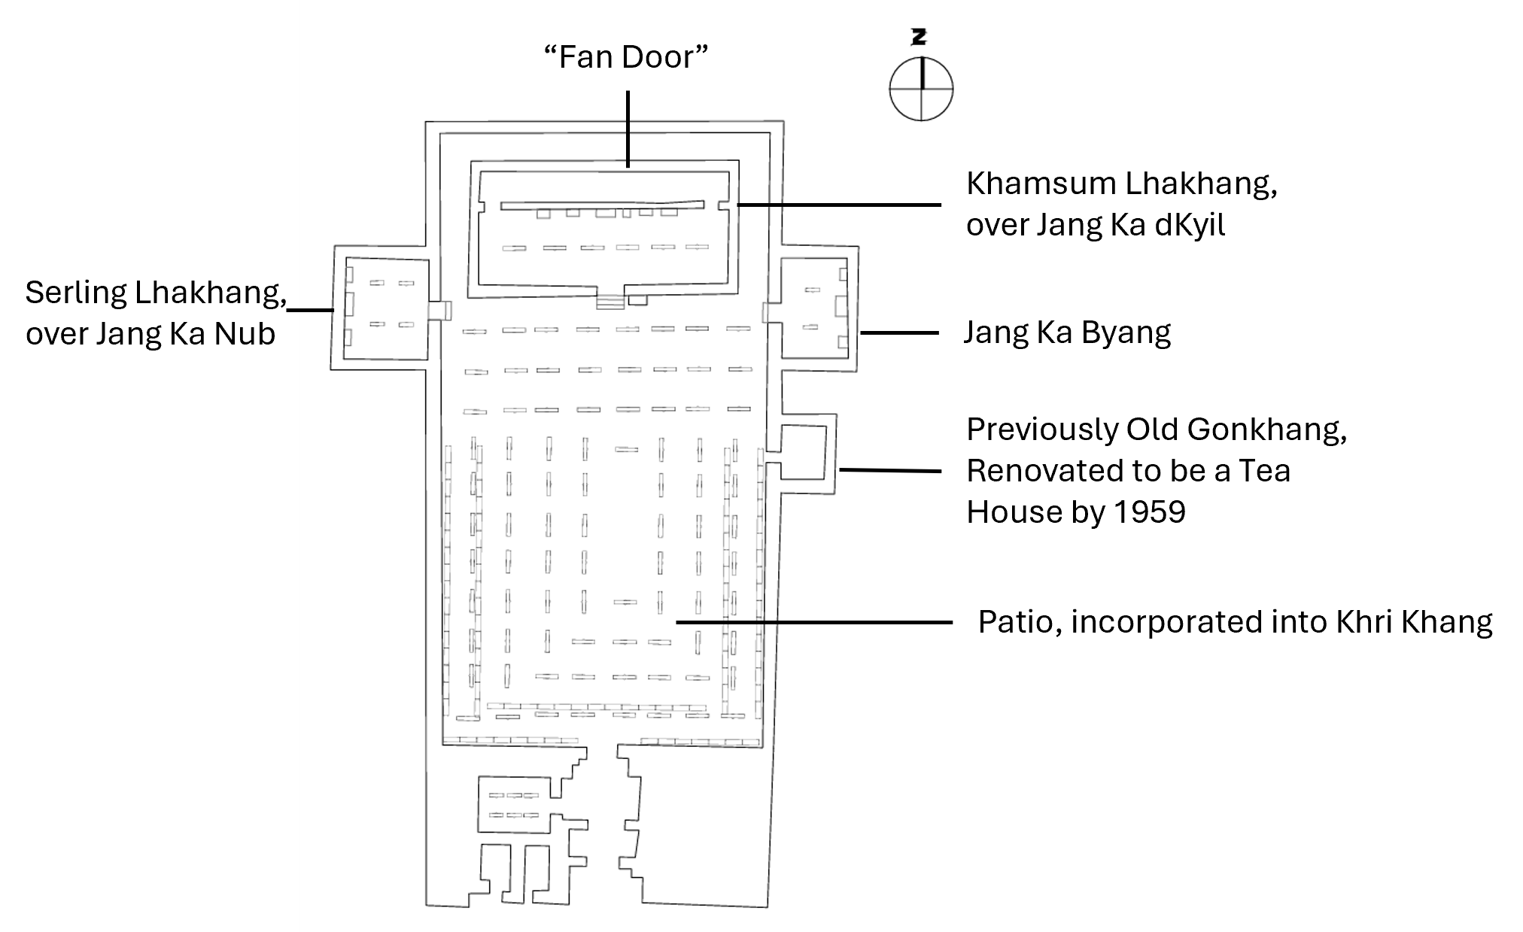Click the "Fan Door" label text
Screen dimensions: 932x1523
[626, 57]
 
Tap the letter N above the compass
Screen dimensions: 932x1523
[919, 37]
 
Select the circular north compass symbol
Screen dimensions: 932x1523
[921, 88]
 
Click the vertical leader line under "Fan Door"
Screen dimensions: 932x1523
[628, 128]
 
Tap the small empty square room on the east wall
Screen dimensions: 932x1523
[804, 451]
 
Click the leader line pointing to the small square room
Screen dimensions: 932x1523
[889, 470]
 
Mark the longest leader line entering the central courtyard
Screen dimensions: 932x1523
[813, 622]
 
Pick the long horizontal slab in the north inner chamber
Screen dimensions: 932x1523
[602, 205]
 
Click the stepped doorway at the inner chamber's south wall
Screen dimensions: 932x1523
[610, 301]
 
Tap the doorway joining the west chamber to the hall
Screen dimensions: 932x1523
[439, 311]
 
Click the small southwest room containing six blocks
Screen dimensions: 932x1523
[515, 805]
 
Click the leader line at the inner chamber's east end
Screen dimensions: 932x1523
[839, 205]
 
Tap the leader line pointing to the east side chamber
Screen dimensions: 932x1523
[899, 332]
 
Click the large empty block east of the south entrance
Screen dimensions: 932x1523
[704, 827]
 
